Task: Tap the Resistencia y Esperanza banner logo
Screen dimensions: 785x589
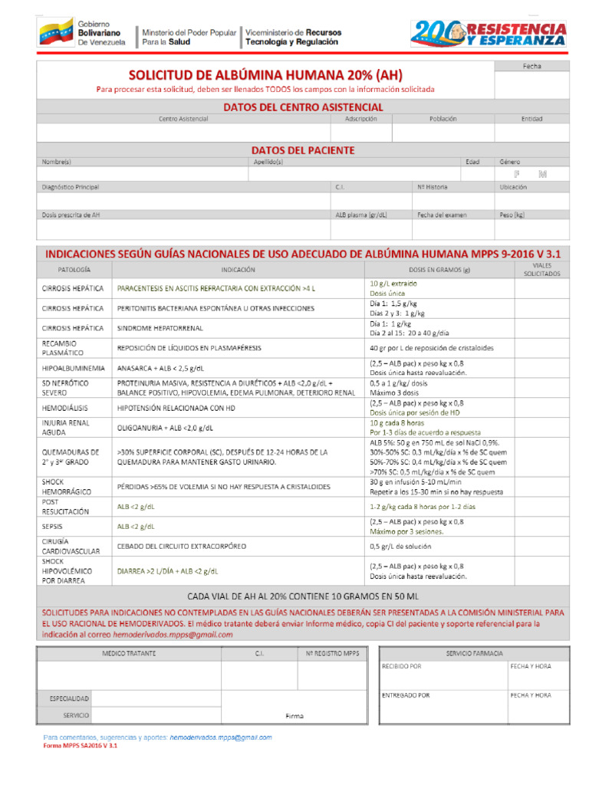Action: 489,33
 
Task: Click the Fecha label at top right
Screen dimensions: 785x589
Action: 531,67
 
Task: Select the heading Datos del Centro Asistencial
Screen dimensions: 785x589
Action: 302,107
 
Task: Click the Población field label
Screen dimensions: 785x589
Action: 443,119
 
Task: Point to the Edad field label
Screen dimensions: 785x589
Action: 472,162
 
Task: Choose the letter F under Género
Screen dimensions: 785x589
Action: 517,174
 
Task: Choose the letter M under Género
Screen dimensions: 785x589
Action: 543,174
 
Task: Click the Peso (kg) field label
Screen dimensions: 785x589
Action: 512,215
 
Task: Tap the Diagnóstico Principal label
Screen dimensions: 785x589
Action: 71,187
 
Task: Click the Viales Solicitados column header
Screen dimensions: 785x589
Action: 541,270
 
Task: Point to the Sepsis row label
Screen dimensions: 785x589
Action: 53,527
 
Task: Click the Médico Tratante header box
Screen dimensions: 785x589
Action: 129,653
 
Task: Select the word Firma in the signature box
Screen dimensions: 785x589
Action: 294,716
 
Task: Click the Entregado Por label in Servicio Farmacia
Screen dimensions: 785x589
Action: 406,695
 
